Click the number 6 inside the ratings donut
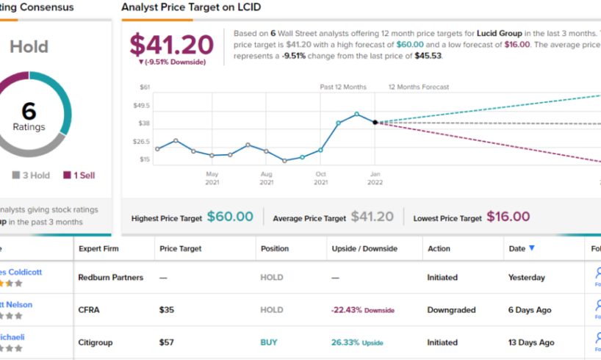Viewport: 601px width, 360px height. [x=29, y=110]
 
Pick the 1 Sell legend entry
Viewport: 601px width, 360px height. [x=78, y=175]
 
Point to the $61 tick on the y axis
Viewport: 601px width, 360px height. [x=144, y=87]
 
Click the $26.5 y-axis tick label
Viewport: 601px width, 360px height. [x=141, y=141]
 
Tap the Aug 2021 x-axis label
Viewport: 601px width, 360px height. [x=267, y=178]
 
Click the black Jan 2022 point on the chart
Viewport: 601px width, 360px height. [x=375, y=122]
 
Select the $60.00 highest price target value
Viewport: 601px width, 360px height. [x=230, y=217]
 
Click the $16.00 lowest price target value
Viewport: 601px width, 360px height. [x=508, y=217]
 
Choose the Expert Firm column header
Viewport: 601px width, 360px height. [x=101, y=248]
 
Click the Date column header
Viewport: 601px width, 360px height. [x=517, y=248]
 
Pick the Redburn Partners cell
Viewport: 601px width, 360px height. [x=110, y=278]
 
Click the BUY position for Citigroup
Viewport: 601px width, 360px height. [x=269, y=342]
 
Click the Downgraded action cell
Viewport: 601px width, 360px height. [x=451, y=310]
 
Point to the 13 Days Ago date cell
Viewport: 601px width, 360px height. [x=531, y=342]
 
